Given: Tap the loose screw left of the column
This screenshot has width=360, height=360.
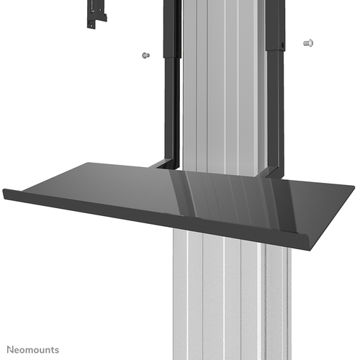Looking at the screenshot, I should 145,55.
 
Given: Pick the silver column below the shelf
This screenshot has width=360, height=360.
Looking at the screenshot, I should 223,302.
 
